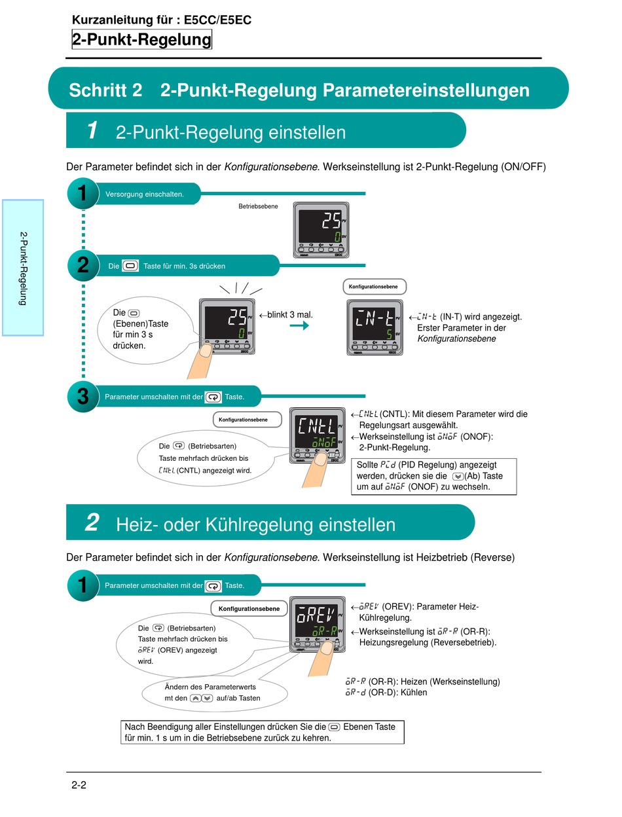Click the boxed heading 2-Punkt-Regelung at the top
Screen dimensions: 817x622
pos(142,40)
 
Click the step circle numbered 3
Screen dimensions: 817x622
pos(82,396)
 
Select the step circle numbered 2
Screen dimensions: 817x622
pos(82,265)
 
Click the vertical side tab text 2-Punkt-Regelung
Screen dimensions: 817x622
pos(23,268)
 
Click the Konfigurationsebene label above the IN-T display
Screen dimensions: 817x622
pos(375,287)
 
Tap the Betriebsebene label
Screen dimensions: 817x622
pos(258,206)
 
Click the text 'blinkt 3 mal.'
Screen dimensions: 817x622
pos(289,315)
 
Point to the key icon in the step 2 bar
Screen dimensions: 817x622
pos(131,266)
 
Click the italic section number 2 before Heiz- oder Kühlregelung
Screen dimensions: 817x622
pos(92,523)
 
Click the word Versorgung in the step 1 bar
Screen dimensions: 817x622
pos(126,194)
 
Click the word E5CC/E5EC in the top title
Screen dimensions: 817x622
pos(218,20)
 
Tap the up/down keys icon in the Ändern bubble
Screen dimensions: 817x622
pos(201,698)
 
